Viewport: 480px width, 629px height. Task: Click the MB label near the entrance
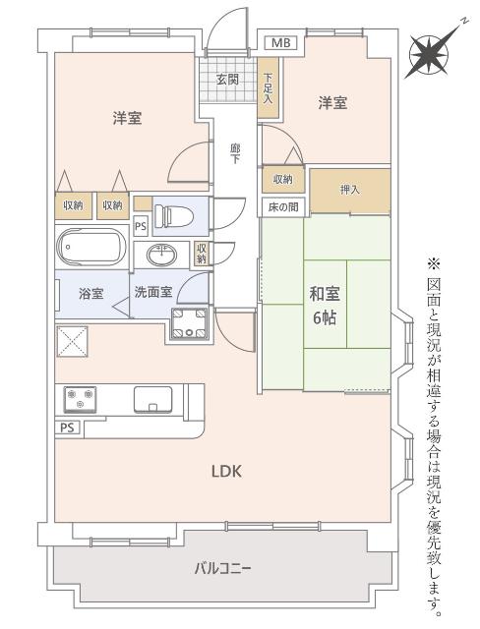(x=281, y=43)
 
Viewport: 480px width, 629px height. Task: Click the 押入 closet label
(x=348, y=189)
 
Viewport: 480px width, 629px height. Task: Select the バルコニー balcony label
(x=221, y=567)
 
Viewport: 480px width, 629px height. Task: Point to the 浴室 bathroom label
(x=90, y=292)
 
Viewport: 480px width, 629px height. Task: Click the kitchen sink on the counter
(x=152, y=399)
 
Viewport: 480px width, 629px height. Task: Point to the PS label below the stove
(x=67, y=428)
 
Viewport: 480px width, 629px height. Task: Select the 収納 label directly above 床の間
(x=283, y=179)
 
